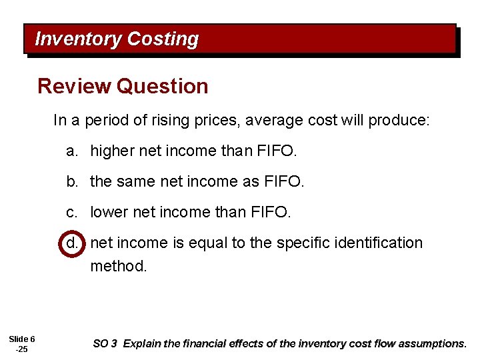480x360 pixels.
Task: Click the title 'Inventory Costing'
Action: click(x=117, y=39)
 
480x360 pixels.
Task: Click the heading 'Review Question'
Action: click(x=123, y=86)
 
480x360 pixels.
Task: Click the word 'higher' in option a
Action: click(x=112, y=151)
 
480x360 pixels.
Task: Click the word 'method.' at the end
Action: click(x=118, y=266)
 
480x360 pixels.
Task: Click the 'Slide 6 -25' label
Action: click(x=23, y=344)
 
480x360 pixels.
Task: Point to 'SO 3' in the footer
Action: click(x=105, y=344)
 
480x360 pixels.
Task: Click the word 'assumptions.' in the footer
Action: click(x=437, y=344)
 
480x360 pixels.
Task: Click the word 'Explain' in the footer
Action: click(x=141, y=344)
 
